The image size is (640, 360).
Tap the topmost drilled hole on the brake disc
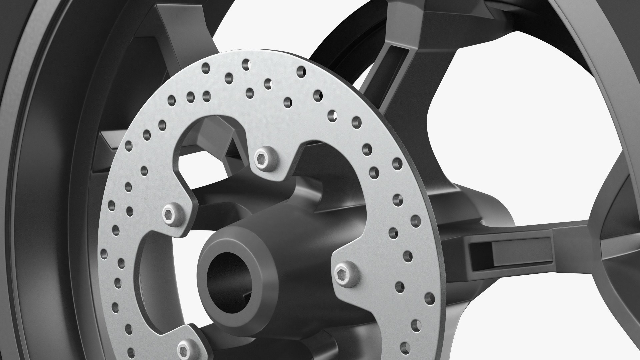(x=246, y=62)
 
